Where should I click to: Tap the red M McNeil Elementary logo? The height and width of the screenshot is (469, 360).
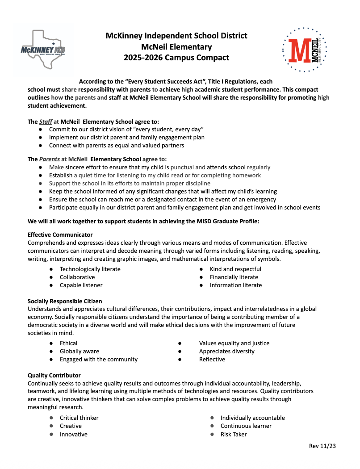(x=305, y=49)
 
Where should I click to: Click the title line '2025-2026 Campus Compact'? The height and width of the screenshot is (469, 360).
(x=176, y=58)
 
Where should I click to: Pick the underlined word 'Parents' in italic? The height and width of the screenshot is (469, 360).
(x=48, y=159)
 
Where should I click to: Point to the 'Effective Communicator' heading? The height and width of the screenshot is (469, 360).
(x=60, y=234)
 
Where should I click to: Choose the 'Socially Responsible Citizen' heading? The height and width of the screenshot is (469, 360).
(x=65, y=301)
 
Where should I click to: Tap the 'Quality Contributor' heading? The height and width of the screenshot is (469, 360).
(x=54, y=375)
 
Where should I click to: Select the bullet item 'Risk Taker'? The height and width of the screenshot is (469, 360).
(x=234, y=434)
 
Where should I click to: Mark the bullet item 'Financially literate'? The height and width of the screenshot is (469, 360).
(x=234, y=277)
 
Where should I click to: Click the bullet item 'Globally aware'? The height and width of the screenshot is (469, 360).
(x=80, y=351)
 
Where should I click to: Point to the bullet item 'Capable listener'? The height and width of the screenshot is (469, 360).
(x=81, y=285)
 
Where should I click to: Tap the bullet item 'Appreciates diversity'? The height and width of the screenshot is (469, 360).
(x=226, y=351)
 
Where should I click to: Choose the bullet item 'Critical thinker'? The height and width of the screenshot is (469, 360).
(x=79, y=418)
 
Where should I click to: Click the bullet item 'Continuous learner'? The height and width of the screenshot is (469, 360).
(x=246, y=426)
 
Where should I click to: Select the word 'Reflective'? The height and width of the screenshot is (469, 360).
(x=212, y=359)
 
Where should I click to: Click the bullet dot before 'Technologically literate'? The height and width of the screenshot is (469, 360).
(x=51, y=269)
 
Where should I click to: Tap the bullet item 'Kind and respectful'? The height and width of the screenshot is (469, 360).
(x=235, y=269)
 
